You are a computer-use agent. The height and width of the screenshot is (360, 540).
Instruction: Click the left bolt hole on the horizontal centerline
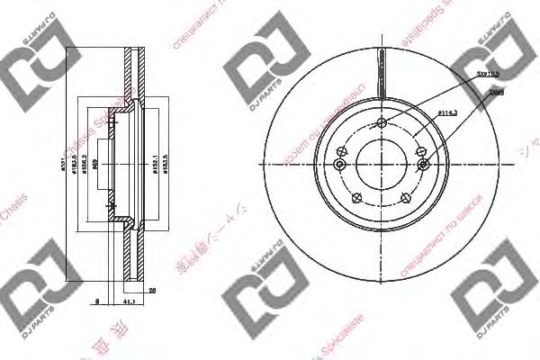pos(340,152)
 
